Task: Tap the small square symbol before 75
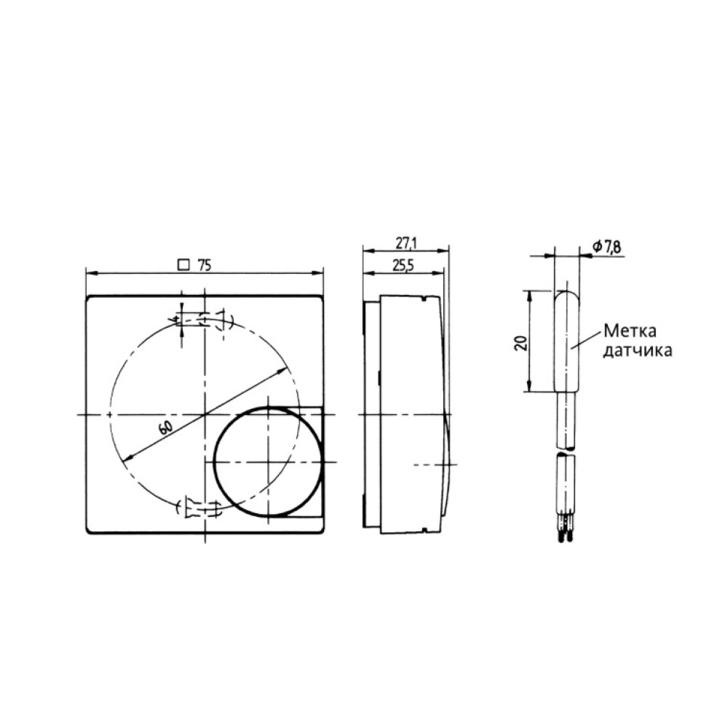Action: pos(184,266)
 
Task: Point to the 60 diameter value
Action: pos(165,427)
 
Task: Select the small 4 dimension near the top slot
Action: pos(175,318)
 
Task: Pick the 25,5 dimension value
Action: pos(402,266)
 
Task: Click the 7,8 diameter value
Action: pos(612,248)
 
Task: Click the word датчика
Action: pos(635,350)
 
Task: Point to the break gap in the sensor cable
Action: pos(567,451)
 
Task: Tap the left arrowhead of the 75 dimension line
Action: pos(90,274)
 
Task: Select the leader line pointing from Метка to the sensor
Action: pos(587,341)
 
